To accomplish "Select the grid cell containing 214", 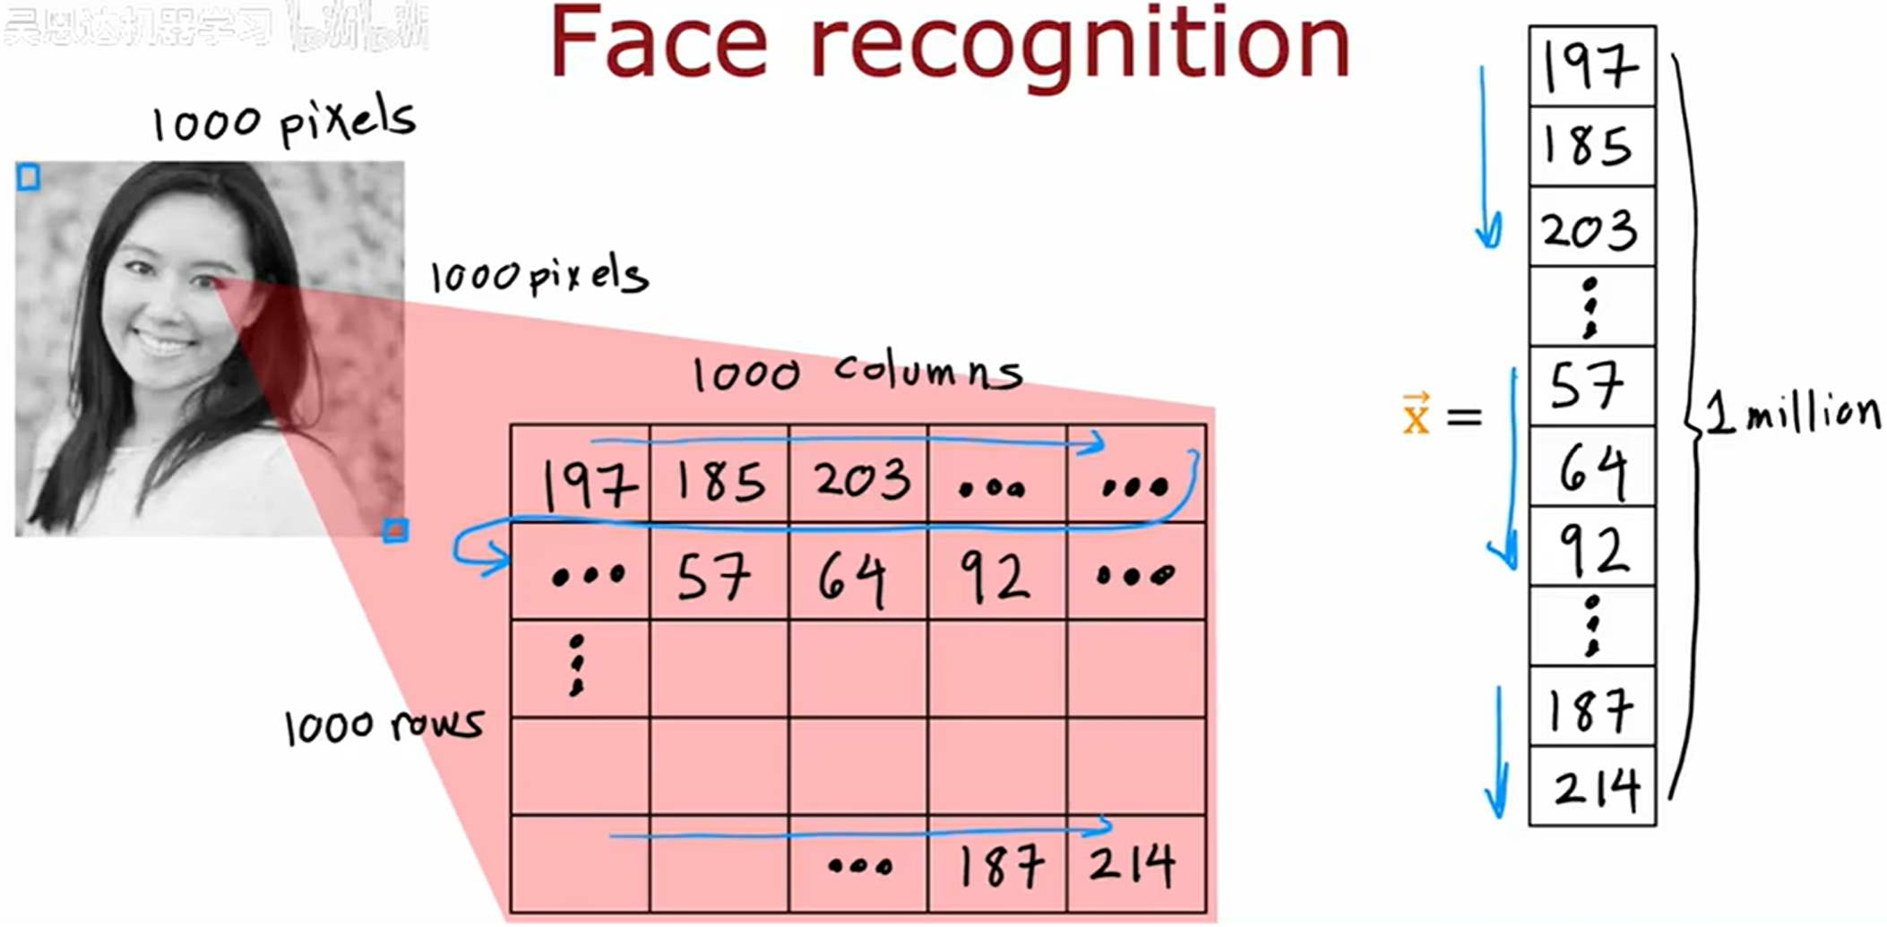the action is (x=1135, y=864).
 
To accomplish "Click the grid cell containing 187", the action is (x=997, y=864).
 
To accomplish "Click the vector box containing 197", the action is (x=1591, y=66).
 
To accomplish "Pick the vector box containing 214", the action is (x=1591, y=786).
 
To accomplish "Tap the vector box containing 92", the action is (x=1591, y=546).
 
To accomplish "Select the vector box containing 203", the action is (x=1591, y=227).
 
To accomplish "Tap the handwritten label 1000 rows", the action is (x=383, y=725).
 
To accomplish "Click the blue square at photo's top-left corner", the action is (x=29, y=177).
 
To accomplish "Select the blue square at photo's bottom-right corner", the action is (x=395, y=531).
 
